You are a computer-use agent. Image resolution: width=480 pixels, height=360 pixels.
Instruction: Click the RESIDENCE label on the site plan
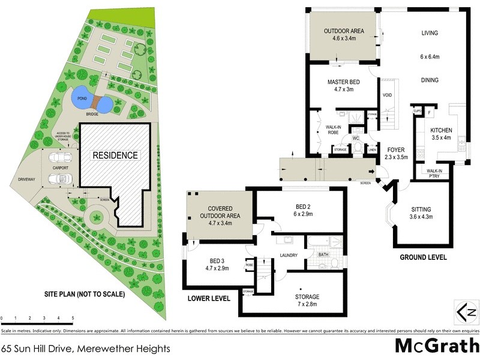click(115, 155)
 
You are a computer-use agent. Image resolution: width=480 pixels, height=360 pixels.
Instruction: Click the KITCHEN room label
click(441, 130)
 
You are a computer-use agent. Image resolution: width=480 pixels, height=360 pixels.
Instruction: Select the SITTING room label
click(421, 209)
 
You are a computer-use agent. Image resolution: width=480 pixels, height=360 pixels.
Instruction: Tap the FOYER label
click(395, 150)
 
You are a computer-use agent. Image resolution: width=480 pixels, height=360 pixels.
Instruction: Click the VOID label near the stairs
click(388, 95)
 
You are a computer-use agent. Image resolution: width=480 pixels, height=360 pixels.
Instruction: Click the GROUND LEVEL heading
click(423, 257)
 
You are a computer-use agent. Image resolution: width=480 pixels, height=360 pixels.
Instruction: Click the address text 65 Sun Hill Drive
click(86, 348)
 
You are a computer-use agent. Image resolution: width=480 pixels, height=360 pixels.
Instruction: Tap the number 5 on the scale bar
click(73, 318)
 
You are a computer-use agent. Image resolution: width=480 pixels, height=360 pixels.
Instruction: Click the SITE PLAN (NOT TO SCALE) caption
click(84, 295)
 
